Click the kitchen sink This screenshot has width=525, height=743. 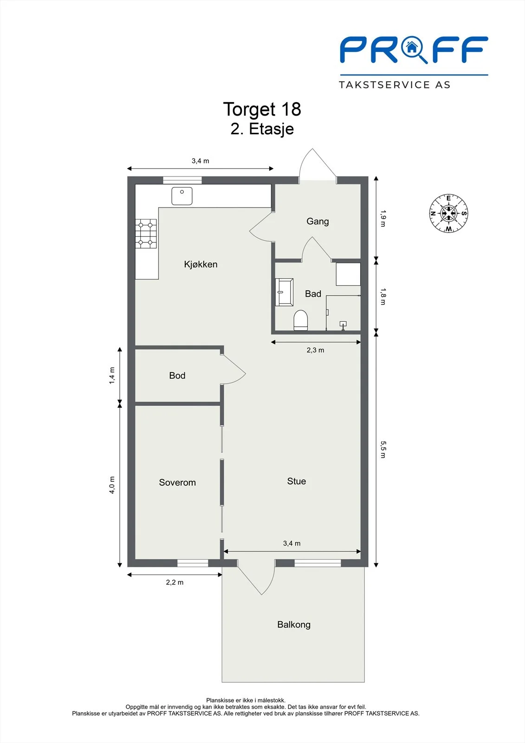[x=182, y=196]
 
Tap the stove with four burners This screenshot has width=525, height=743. [x=146, y=234]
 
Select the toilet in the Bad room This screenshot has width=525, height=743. [x=301, y=320]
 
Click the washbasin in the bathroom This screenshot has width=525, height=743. [x=284, y=292]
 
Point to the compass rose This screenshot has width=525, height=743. [x=448, y=213]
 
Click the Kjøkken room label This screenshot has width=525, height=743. [x=201, y=264]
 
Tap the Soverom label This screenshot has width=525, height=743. [x=177, y=482]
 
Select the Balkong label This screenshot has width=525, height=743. [x=294, y=625]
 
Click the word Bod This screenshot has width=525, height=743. [x=177, y=376]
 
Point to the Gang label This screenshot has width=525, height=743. [x=318, y=222]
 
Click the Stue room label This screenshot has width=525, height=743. [x=297, y=481]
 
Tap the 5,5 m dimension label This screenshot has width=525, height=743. [x=383, y=450]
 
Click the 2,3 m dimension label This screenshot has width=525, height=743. [x=315, y=350]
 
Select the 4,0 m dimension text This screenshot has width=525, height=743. [x=112, y=485]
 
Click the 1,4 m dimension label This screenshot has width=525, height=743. [x=112, y=376]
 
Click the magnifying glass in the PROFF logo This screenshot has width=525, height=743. [x=414, y=49]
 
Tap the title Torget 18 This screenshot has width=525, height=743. [x=262, y=109]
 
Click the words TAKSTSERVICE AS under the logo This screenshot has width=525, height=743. [x=395, y=85]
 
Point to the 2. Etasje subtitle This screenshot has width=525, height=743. [x=262, y=129]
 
